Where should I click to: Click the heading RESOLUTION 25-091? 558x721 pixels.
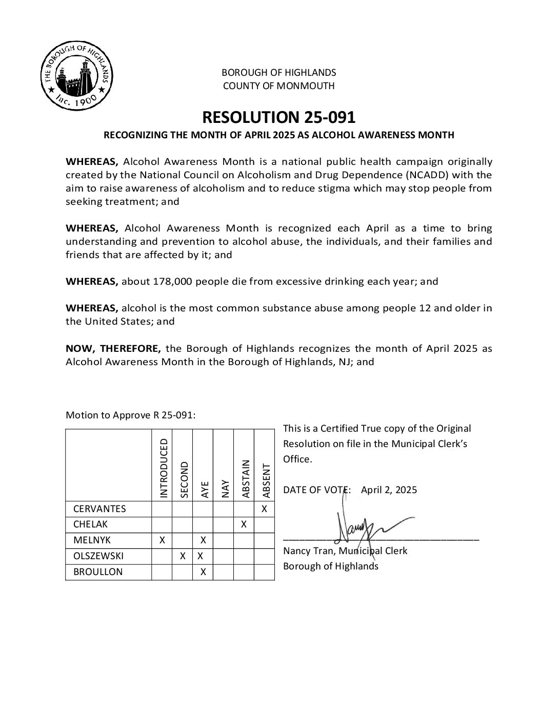pyautogui.click(x=278, y=117)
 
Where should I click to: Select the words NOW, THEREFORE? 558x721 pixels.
pyautogui.click(x=113, y=349)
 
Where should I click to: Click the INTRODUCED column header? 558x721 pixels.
pyautogui.click(x=164, y=468)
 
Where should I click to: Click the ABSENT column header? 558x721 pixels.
pyautogui.click(x=266, y=480)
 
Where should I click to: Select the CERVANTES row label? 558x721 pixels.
pyautogui.click(x=99, y=509)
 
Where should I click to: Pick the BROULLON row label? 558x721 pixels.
pyautogui.click(x=98, y=572)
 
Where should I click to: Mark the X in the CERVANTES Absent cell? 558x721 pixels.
pyautogui.click(x=264, y=509)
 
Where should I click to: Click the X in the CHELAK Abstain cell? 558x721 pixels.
pyautogui.click(x=244, y=524)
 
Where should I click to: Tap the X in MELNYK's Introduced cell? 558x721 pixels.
pyautogui.click(x=162, y=540)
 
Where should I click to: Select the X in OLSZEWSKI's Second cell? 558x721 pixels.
pyautogui.click(x=183, y=556)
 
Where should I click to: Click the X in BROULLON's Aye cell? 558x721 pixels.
pyautogui.click(x=203, y=572)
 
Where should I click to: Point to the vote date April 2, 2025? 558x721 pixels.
pyautogui.click(x=389, y=490)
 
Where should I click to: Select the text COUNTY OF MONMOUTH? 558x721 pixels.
pyautogui.click(x=278, y=86)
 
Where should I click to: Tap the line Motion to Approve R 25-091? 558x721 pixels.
pyautogui.click(x=131, y=415)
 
